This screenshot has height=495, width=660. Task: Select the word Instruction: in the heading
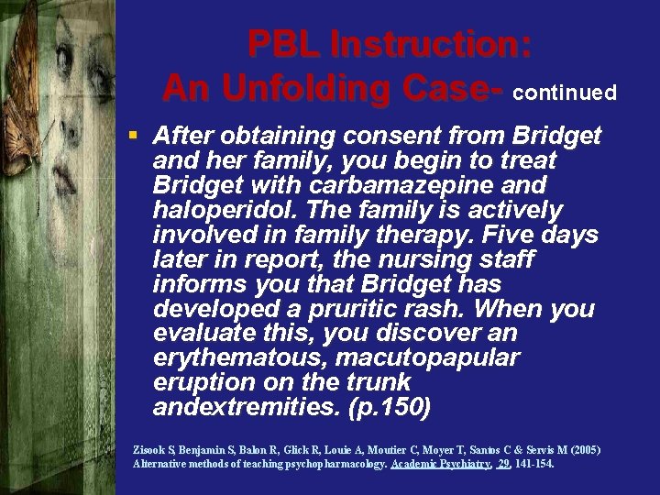point(430,45)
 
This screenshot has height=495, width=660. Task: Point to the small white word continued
point(565,93)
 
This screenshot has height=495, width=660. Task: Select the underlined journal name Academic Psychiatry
point(439,464)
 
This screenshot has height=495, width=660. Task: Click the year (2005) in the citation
point(580,450)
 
